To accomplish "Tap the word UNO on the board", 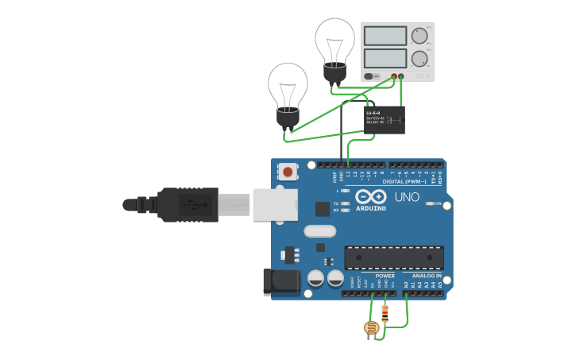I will pos(407,197).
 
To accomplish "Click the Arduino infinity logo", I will pos(371,196).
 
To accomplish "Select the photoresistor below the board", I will pos(371,327).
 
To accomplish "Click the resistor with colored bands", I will pos(385,314).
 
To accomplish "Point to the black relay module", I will pos(385,120).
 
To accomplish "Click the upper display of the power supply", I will pos(385,36).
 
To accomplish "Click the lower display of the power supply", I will pos(385,58).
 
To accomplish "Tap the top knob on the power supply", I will pos(419,36).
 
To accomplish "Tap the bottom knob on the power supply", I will pos(419,58).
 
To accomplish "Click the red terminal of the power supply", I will pos(393,77).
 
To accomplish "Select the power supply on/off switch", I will pos(369,76).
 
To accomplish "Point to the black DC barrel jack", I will pos(281,281).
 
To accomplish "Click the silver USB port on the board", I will pos(275,204).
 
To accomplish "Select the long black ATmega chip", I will pos(393,257).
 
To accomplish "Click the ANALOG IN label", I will pos(427,276).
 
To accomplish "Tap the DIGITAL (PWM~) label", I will pos(404,181).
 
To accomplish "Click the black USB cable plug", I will pos(187,204).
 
